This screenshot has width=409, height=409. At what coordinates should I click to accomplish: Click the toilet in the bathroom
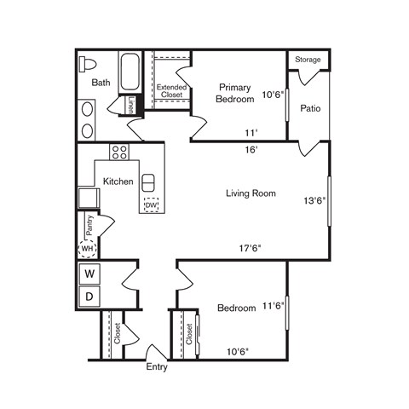pos(88,65)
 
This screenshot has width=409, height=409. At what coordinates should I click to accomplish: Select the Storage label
pos(308,60)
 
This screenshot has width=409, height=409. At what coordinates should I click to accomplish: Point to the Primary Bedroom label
pos(236,93)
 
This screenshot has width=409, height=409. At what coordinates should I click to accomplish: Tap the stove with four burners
pos(120,153)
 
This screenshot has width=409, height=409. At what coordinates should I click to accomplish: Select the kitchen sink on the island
pos(148,184)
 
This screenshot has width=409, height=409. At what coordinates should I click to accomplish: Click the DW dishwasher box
pos(152,205)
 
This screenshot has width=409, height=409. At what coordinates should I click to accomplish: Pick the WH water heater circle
pos(87,250)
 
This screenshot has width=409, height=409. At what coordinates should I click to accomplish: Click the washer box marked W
pos(89,274)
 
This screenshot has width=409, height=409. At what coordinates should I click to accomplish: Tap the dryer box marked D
pos(89,296)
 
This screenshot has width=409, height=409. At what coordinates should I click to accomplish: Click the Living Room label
pos(251,193)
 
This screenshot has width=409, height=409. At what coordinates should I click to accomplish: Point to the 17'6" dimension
pos(249,249)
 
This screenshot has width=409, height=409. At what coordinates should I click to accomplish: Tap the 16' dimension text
pos(250,148)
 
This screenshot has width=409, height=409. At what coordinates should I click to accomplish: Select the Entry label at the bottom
pos(157,368)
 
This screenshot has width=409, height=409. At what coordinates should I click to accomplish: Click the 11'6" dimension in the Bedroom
pos(273,305)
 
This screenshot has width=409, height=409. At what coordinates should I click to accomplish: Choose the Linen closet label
pos(130,104)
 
